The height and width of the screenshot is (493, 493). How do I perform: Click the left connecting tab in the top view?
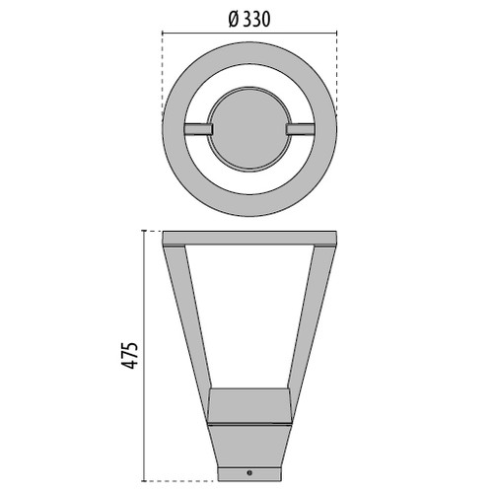(197, 129)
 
